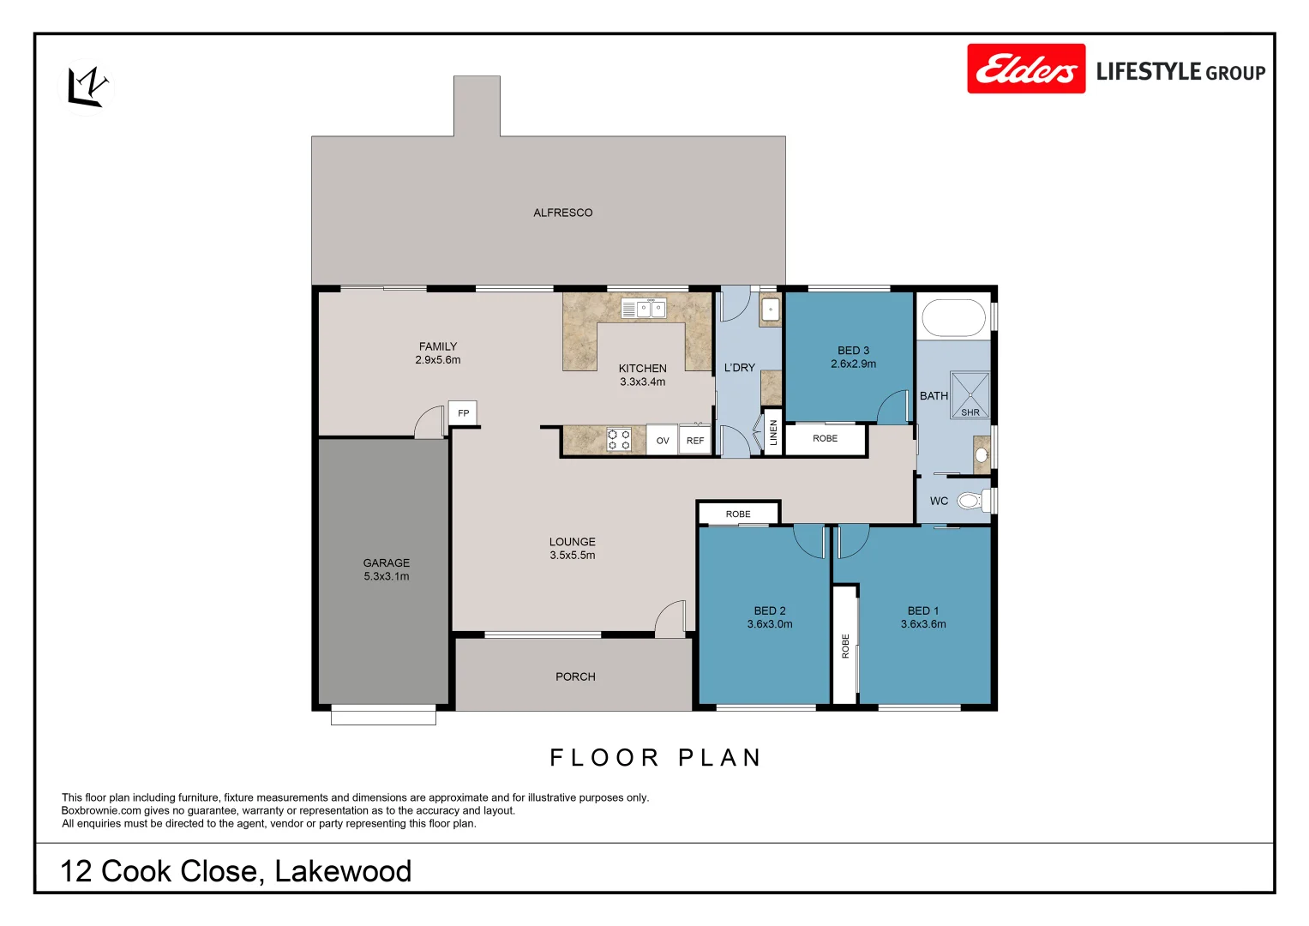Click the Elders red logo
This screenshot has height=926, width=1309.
(x=1025, y=69)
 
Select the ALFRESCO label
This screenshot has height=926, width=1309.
(x=562, y=213)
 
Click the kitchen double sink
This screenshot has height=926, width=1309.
(x=644, y=309)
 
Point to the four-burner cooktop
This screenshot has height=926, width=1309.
(x=619, y=440)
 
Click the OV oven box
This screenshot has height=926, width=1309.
(x=662, y=441)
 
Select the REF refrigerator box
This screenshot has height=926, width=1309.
(x=695, y=441)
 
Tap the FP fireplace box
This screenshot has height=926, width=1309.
(x=463, y=413)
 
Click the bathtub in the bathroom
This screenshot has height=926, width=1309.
(x=953, y=317)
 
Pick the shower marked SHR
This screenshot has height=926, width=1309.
(x=970, y=395)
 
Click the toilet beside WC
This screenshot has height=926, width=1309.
(x=972, y=500)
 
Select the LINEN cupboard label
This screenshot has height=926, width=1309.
(x=773, y=433)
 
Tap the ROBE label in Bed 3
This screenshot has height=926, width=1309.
(x=825, y=439)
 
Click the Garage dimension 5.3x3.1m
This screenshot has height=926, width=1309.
(x=387, y=577)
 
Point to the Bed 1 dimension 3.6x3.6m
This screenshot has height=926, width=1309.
(x=923, y=624)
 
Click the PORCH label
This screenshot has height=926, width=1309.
(x=575, y=676)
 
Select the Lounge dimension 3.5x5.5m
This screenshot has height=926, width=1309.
(x=573, y=556)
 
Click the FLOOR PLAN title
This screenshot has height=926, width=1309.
(x=656, y=758)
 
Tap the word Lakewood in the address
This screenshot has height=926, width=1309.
(x=343, y=871)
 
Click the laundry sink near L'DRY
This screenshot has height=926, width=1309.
(x=771, y=310)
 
